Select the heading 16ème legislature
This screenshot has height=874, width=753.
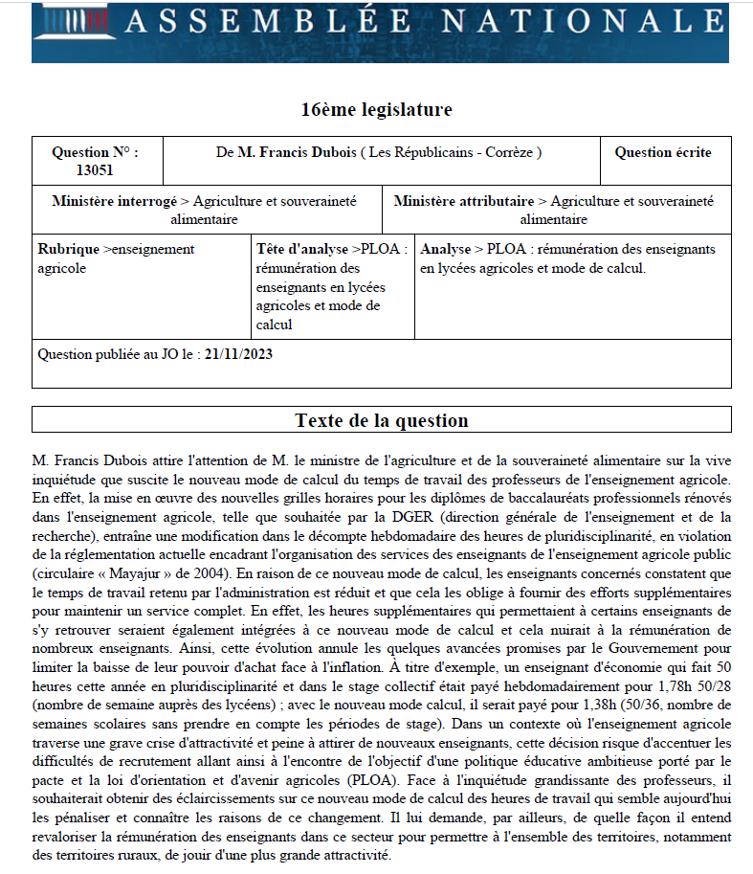[376, 109]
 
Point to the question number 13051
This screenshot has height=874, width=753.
[95, 170]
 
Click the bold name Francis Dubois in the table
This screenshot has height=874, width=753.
[299, 152]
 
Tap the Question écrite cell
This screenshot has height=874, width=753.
[662, 152]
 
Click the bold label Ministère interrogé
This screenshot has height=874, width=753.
[114, 202]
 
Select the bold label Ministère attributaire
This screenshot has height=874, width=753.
[464, 202]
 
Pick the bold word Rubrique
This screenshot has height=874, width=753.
[68, 249]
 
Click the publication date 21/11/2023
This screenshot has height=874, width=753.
[239, 354]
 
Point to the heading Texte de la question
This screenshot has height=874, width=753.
[382, 420]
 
